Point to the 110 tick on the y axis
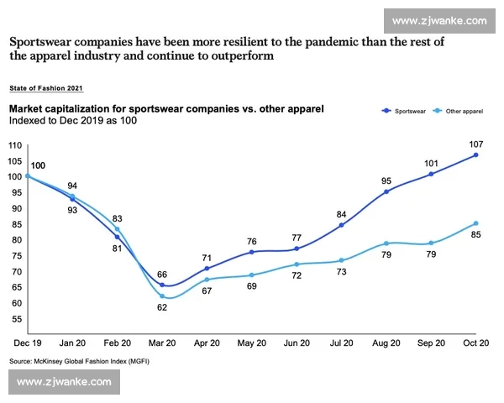(15, 145)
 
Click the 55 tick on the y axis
(17, 319)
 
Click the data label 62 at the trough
(162, 308)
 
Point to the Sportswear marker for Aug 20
(386, 192)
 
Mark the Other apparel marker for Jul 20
(342, 260)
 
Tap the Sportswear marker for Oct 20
(475, 154)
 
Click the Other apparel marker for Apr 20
(207, 280)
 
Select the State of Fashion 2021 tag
(46, 87)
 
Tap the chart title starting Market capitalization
(165, 109)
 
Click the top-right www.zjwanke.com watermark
(439, 19)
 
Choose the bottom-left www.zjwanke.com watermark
(64, 381)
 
